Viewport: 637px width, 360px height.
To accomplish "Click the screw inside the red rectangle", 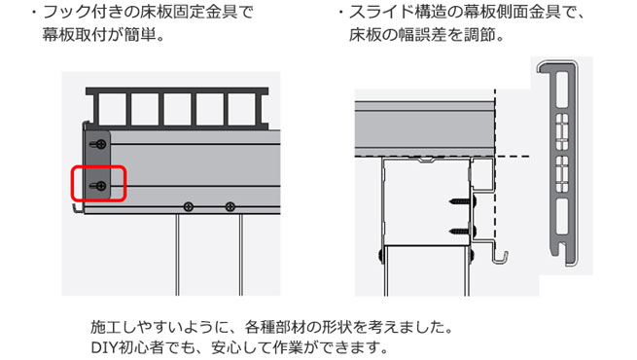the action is (x=98, y=186).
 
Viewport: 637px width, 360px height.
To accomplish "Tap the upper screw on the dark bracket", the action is (x=98, y=144).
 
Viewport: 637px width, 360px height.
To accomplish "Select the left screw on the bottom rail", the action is (x=189, y=207).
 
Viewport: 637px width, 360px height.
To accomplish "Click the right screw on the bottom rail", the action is (x=230, y=207).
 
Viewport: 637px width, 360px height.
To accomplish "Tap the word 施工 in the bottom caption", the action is (x=104, y=327).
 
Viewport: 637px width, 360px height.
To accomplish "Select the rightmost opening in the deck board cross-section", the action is (x=242, y=109).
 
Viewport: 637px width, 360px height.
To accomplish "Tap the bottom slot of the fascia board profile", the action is (x=562, y=216).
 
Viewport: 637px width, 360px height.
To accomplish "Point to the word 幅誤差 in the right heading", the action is (x=422, y=35).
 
